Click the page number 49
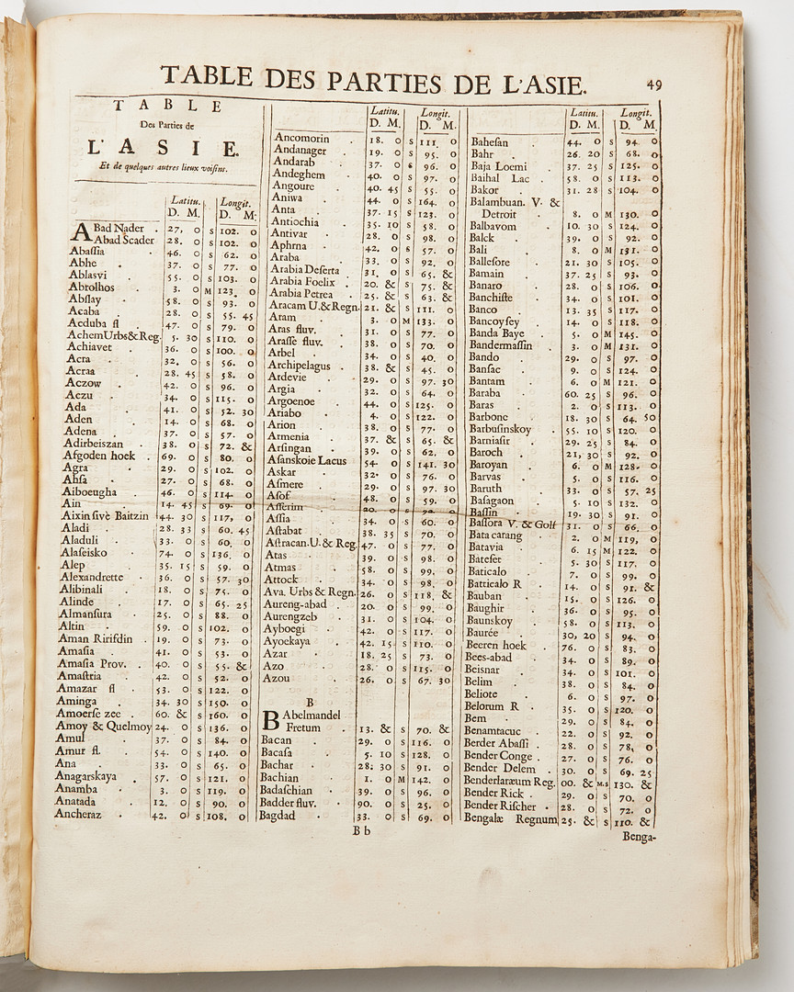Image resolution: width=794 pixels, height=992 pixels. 654,84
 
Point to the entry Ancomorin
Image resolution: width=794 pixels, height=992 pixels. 301,138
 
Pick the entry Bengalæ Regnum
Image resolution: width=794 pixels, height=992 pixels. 510,819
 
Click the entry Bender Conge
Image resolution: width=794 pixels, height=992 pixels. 498,756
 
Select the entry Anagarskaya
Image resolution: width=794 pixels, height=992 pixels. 86,776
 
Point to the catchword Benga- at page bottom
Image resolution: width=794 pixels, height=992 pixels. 641,836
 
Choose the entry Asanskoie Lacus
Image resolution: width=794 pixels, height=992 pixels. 307,460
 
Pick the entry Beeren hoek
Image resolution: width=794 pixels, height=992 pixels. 496,645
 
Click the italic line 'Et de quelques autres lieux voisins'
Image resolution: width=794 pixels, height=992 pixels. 164,167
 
